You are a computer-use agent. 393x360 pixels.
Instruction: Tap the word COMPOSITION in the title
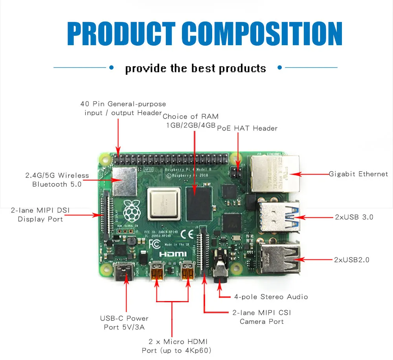coord(263,34)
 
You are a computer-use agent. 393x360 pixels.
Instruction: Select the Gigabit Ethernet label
coord(358,174)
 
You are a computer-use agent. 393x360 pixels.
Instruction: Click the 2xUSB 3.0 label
coord(354,217)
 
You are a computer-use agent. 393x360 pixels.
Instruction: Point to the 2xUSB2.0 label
coord(351,259)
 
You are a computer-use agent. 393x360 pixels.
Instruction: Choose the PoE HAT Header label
coord(247,128)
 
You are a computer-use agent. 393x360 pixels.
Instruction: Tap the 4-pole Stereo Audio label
coord(271,297)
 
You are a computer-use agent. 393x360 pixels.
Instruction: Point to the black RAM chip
coord(199,204)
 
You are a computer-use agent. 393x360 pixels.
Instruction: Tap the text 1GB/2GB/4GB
coord(191,125)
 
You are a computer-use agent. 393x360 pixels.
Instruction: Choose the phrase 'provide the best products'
coord(195,68)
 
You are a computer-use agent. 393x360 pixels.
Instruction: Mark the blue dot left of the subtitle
coord(111,68)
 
